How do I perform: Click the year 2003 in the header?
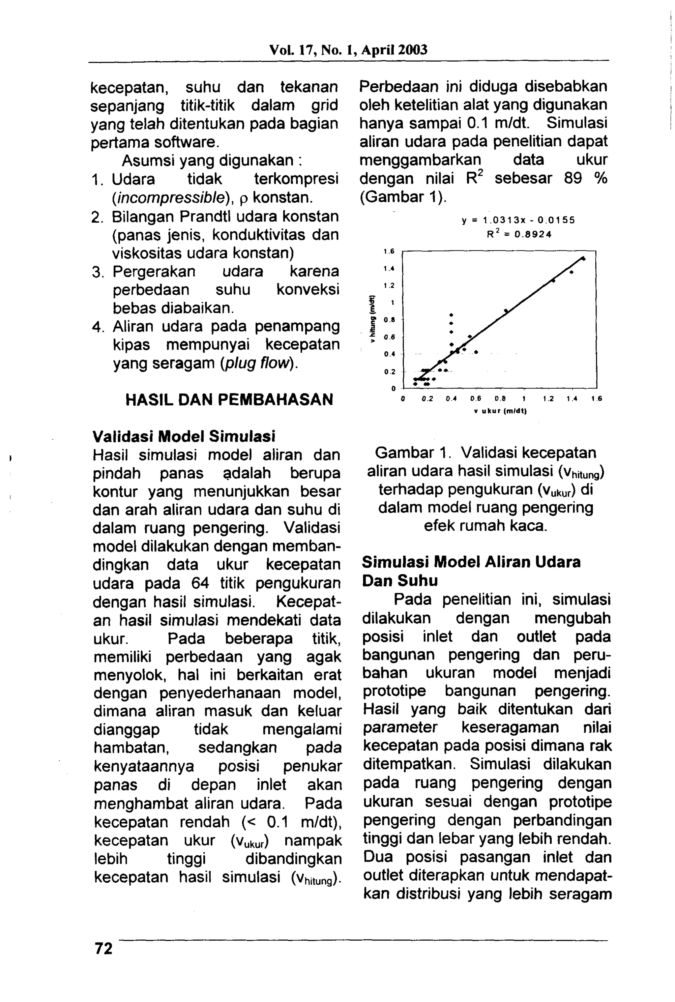click(412, 50)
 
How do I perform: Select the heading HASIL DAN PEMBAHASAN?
click(229, 399)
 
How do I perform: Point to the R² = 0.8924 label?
click(519, 235)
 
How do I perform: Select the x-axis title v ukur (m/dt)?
click(500, 411)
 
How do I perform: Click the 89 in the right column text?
click(573, 179)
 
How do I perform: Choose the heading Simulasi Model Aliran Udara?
click(471, 562)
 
